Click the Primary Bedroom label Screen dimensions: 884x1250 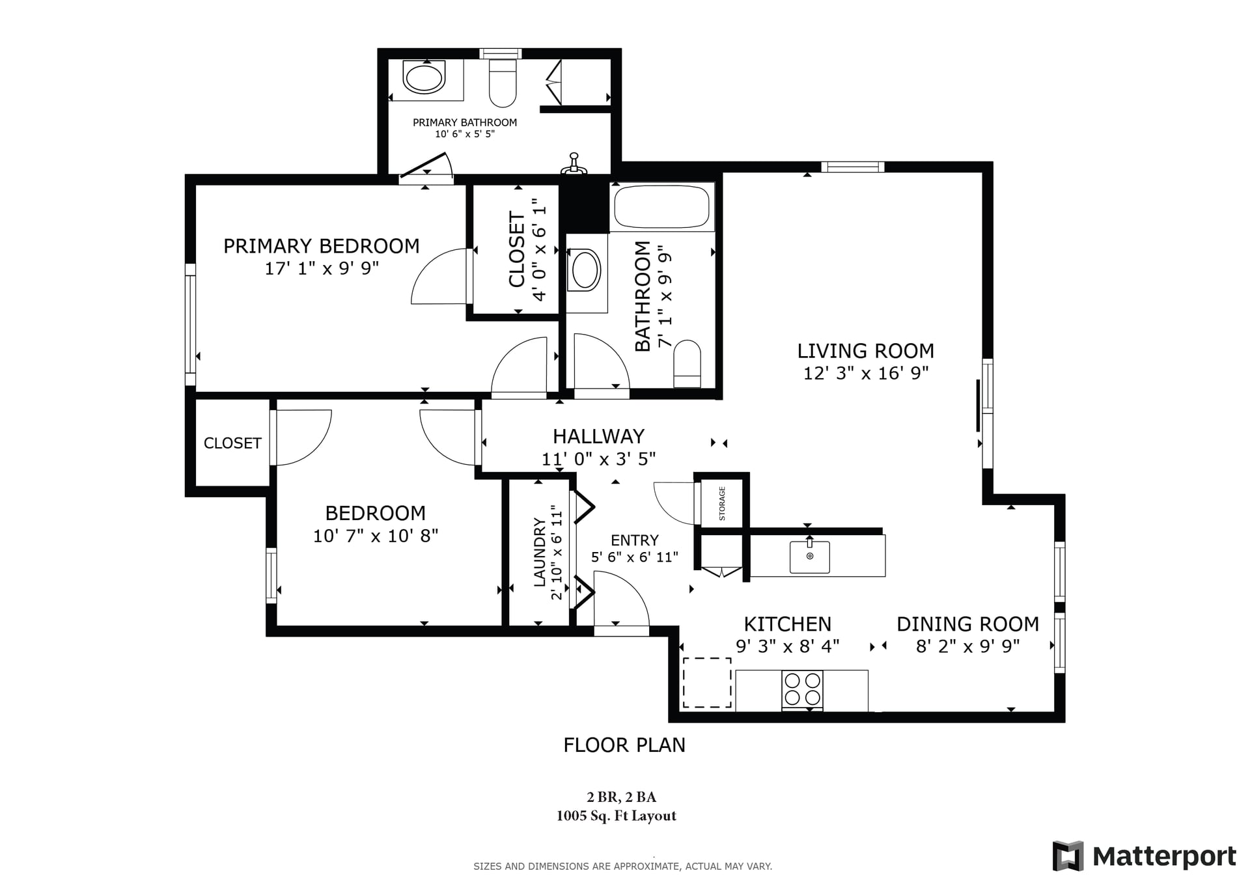click(x=321, y=246)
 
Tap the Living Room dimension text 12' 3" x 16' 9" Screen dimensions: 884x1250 click(x=865, y=373)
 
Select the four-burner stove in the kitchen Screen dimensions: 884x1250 click(x=802, y=689)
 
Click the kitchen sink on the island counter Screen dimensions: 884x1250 click(x=809, y=557)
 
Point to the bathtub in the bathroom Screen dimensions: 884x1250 click(x=661, y=206)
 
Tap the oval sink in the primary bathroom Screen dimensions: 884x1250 click(x=424, y=78)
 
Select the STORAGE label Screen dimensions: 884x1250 click(x=721, y=503)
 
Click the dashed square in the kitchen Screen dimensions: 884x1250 click(x=706, y=682)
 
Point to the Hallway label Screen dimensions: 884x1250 click(x=598, y=436)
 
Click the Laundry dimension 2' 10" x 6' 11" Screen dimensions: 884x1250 click(x=557, y=552)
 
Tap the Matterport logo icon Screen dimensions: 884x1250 click(x=1068, y=856)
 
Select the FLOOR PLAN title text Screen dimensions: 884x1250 click(x=624, y=745)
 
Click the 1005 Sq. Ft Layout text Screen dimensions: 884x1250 click(x=616, y=816)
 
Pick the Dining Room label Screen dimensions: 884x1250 click(x=967, y=624)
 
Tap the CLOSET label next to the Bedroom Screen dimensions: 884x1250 click(x=232, y=443)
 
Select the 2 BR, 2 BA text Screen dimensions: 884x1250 click(x=621, y=797)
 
